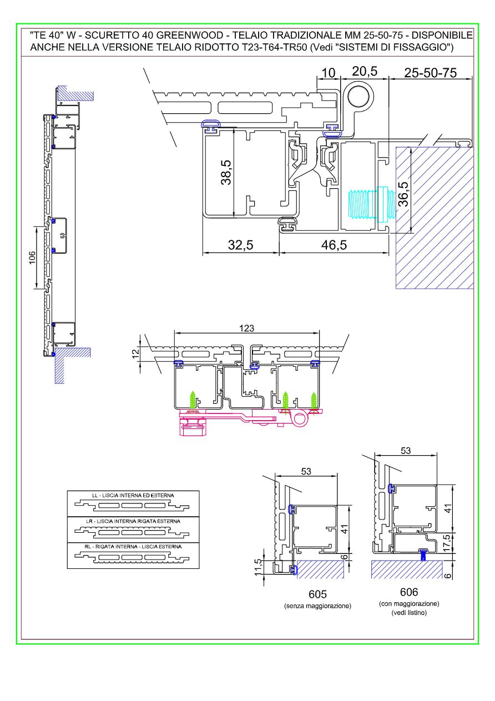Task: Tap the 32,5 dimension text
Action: click(x=241, y=245)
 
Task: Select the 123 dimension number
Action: click(x=247, y=329)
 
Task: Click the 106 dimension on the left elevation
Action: click(x=32, y=258)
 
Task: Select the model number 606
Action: click(x=408, y=592)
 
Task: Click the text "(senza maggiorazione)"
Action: click(x=317, y=606)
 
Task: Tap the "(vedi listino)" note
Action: click(x=408, y=612)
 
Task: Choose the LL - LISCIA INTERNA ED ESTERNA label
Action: click(x=133, y=495)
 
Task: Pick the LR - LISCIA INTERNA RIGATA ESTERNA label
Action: click(x=133, y=521)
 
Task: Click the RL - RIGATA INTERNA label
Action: click(x=133, y=547)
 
